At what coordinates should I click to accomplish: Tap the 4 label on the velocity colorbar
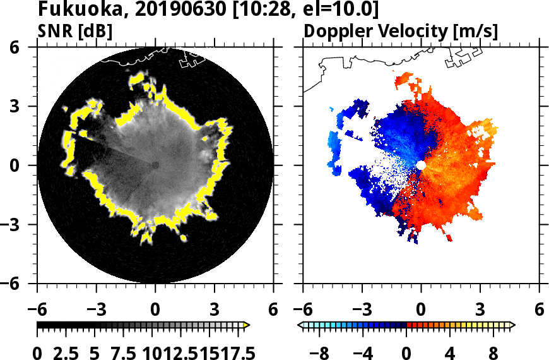[x=450, y=351]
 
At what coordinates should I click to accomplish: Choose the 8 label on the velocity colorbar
[x=493, y=351]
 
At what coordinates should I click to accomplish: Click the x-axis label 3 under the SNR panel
[x=215, y=310]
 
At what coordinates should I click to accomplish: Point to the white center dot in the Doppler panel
[x=421, y=165]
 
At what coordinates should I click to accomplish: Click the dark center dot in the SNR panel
[x=155, y=165]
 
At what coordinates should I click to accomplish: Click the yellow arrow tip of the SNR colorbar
[x=247, y=325]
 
